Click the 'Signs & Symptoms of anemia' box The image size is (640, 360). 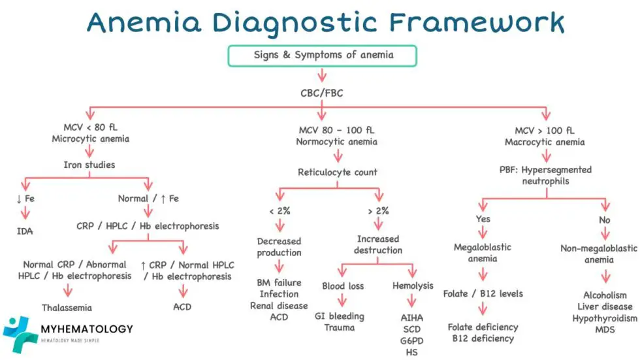[x=323, y=56]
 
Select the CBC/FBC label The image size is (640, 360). [x=321, y=93]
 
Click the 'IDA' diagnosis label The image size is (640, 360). [x=25, y=231]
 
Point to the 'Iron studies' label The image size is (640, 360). [x=89, y=165]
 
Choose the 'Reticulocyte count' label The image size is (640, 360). [x=337, y=172]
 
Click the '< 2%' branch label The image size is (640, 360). [x=279, y=211]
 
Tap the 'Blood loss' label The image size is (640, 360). [x=343, y=286]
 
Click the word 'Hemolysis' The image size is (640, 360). [x=413, y=286]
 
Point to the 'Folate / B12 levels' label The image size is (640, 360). [x=483, y=293]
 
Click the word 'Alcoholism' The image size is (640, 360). [x=605, y=295]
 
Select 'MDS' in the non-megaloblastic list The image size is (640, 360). [x=605, y=329]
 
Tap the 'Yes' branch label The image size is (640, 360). [x=483, y=220]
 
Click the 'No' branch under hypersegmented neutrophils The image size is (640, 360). [x=604, y=220]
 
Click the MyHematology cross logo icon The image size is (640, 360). [x=19, y=334]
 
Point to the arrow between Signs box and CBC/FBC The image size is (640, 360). [x=321, y=78]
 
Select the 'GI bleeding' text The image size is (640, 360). [x=339, y=316]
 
